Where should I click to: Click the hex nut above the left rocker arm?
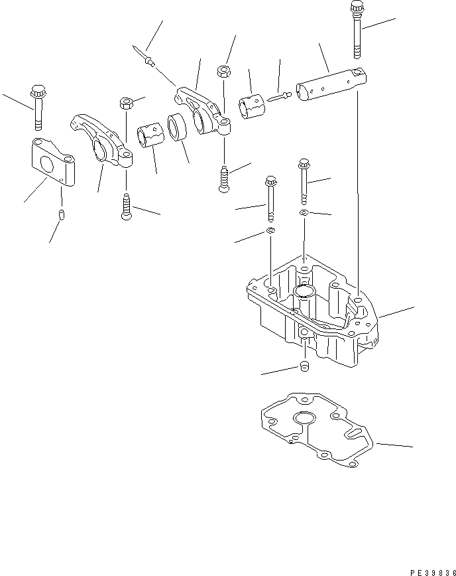coord(126,103)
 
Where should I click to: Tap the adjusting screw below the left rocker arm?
coord(126,207)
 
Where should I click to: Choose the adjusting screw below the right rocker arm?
coord(224,179)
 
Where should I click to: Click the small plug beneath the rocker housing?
coord(305,366)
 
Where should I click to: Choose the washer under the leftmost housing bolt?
coord(271,230)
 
